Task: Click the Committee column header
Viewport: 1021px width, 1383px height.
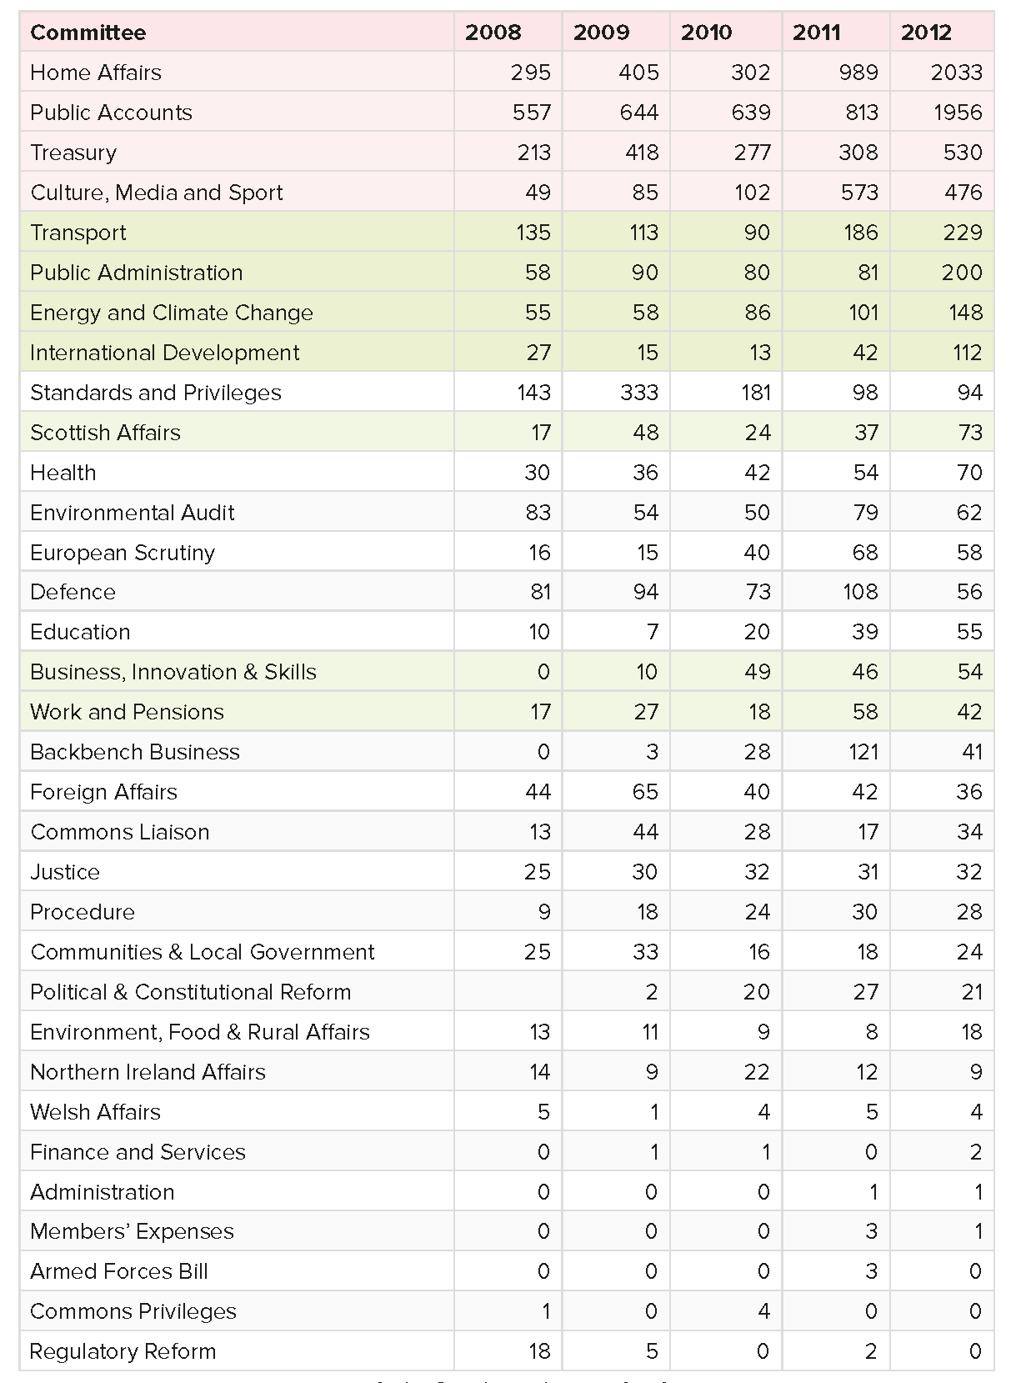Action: (x=88, y=33)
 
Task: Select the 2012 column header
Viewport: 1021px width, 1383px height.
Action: (x=926, y=33)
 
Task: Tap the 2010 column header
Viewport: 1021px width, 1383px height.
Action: (x=706, y=33)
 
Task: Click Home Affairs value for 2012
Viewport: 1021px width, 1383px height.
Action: (x=957, y=73)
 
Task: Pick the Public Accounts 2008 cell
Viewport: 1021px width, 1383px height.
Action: (x=532, y=113)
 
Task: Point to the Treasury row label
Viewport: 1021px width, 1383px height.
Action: (x=73, y=153)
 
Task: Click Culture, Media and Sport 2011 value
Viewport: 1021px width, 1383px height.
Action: (x=858, y=193)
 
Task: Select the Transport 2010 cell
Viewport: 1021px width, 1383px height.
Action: (x=757, y=233)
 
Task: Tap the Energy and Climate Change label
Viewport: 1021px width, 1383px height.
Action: (x=172, y=313)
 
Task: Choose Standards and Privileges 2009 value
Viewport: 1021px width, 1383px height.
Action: (x=639, y=393)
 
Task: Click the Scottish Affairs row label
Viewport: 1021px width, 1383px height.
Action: (x=105, y=433)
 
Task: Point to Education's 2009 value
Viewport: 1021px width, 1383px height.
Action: (x=653, y=632)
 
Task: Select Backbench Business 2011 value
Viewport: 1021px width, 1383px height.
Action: (x=863, y=752)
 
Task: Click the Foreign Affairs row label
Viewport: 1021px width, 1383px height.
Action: (x=103, y=792)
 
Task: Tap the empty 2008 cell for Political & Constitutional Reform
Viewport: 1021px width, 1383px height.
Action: (x=508, y=992)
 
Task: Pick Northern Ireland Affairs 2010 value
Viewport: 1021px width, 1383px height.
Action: (x=757, y=1072)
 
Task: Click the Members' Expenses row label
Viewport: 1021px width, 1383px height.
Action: (x=133, y=1231)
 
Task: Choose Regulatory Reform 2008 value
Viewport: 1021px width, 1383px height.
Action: (x=539, y=1351)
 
